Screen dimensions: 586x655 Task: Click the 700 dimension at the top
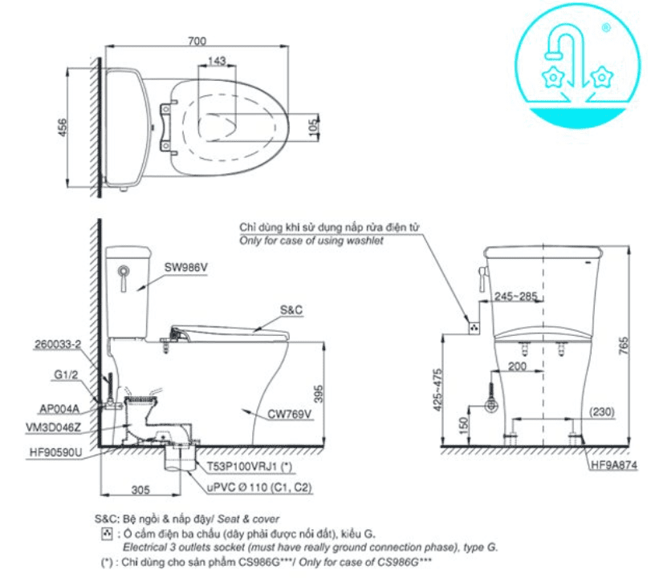[x=197, y=40]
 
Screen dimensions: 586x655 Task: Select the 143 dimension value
[x=215, y=61]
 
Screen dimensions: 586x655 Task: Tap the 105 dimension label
[x=314, y=127]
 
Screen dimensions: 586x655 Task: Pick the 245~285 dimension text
[x=516, y=296]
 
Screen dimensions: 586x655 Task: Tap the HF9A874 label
[x=614, y=463]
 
